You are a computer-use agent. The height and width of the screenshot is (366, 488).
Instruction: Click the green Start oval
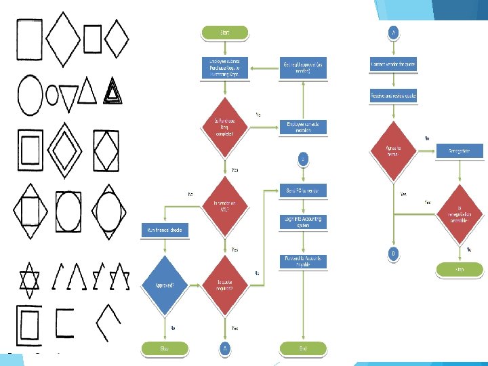(x=224, y=32)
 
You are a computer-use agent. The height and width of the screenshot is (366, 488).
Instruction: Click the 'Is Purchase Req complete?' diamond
(x=224, y=127)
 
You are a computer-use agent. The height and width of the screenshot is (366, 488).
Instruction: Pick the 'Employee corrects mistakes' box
(x=303, y=127)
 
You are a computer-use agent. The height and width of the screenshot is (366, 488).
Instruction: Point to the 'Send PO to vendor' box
(x=303, y=190)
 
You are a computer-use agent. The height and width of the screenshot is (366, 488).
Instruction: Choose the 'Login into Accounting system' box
(x=303, y=222)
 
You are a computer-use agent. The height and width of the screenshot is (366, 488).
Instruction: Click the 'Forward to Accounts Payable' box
(x=303, y=260)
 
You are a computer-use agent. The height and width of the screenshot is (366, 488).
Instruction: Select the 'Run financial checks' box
(x=165, y=230)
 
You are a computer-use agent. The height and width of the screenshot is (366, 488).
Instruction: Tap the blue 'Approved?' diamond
(x=165, y=286)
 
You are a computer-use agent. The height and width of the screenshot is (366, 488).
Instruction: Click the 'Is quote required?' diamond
(x=224, y=286)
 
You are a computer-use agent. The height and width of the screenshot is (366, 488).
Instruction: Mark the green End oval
(x=303, y=348)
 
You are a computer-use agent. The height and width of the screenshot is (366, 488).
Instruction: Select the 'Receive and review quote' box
(x=393, y=96)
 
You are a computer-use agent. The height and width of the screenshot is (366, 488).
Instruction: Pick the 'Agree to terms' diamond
(x=393, y=152)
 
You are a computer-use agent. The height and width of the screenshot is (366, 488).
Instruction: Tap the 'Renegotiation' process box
(x=464, y=150)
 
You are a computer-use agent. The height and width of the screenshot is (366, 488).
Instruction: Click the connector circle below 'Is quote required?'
(x=224, y=348)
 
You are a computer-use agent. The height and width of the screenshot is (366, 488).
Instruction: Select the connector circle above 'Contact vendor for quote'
(x=393, y=32)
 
